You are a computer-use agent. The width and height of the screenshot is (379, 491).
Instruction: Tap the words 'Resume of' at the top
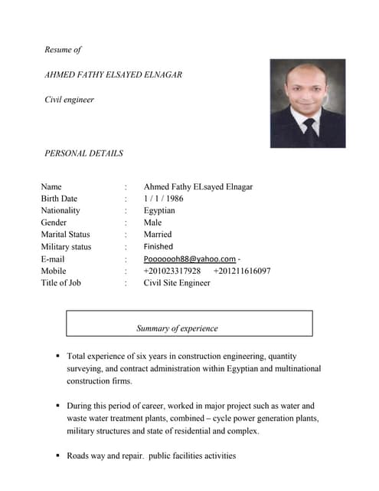pyautogui.click(x=63, y=50)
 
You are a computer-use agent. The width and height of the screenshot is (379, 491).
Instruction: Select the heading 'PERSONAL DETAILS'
pyautogui.click(x=84, y=153)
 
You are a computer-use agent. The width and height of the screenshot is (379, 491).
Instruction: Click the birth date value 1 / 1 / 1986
pyautogui.click(x=163, y=199)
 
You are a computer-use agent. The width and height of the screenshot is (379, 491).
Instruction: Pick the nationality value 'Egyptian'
pyautogui.click(x=159, y=210)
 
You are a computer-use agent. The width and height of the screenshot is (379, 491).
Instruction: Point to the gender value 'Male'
pyautogui.click(x=152, y=222)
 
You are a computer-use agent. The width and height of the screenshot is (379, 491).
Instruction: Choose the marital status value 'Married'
pyautogui.click(x=158, y=234)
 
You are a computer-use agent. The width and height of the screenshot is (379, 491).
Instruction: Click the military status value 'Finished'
pyautogui.click(x=158, y=246)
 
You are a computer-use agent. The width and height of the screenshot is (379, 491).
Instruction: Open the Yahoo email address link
pyautogui.click(x=189, y=259)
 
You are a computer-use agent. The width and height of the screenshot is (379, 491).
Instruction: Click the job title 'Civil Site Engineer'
pyautogui.click(x=177, y=283)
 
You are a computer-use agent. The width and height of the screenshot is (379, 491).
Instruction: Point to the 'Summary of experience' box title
pyautogui.click(x=177, y=328)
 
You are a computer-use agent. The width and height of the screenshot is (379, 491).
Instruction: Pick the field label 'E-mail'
pyautogui.click(x=53, y=259)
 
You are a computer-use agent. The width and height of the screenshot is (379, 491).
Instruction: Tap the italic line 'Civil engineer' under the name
pyautogui.click(x=70, y=100)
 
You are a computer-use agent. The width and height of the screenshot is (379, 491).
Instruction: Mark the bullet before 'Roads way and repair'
pyautogui.click(x=58, y=456)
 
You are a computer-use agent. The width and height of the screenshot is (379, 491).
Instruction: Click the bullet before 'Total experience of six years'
pyautogui.click(x=58, y=357)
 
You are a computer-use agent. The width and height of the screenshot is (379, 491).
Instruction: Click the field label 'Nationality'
pyautogui.click(x=60, y=210)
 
